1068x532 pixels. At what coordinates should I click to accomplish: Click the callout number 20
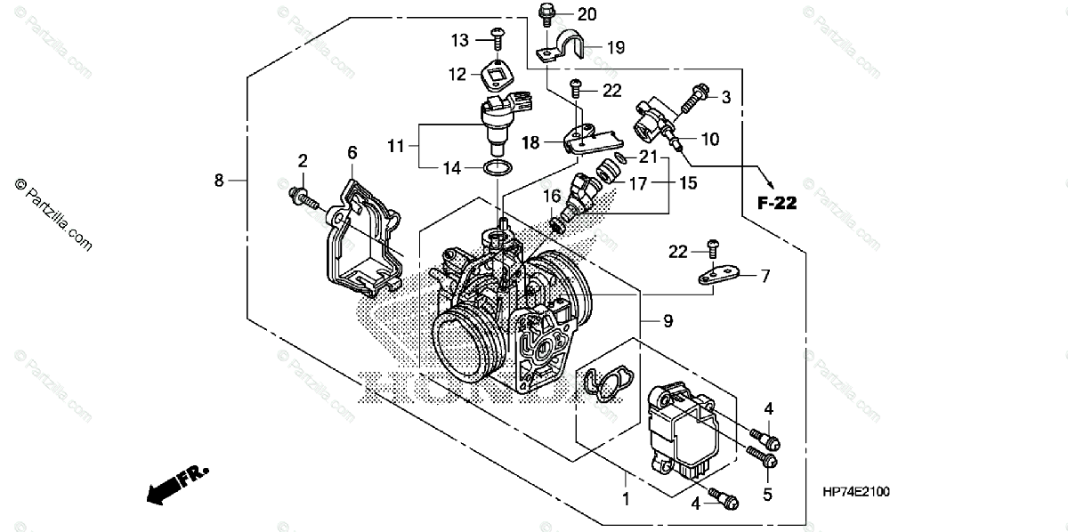pos(587,14)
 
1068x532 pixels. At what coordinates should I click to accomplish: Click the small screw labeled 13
pos(498,38)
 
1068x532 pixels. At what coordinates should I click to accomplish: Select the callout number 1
pos(625,500)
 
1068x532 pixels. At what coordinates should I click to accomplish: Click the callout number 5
pos(768,495)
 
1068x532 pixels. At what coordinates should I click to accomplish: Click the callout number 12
pos(457,75)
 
